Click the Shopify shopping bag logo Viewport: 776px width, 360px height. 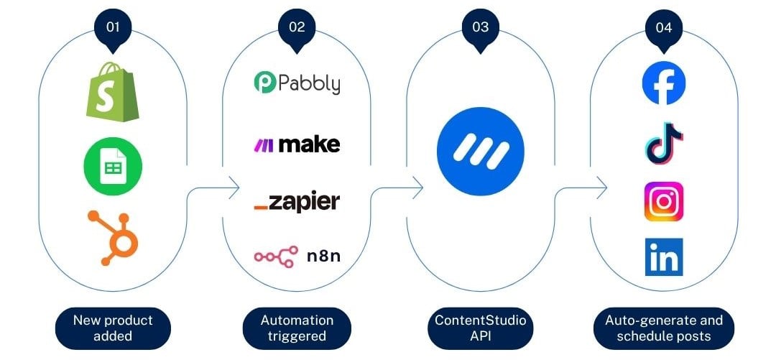[x=113, y=91]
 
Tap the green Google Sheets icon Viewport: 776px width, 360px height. [x=113, y=167]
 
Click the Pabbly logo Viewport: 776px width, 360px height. [x=297, y=83]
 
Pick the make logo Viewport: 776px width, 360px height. [x=297, y=144]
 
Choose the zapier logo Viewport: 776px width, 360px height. [x=297, y=202]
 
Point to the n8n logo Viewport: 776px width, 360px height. [x=297, y=257]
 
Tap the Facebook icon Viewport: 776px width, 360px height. [x=663, y=83]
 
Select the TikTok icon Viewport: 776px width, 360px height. [x=663, y=141]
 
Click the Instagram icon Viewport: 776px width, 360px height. [x=663, y=201]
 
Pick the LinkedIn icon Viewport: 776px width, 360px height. [x=663, y=257]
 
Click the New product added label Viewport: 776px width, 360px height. [x=113, y=328]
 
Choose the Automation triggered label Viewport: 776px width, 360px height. [x=297, y=328]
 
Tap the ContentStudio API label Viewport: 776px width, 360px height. [x=480, y=328]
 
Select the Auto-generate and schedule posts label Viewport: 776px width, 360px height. [x=664, y=328]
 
